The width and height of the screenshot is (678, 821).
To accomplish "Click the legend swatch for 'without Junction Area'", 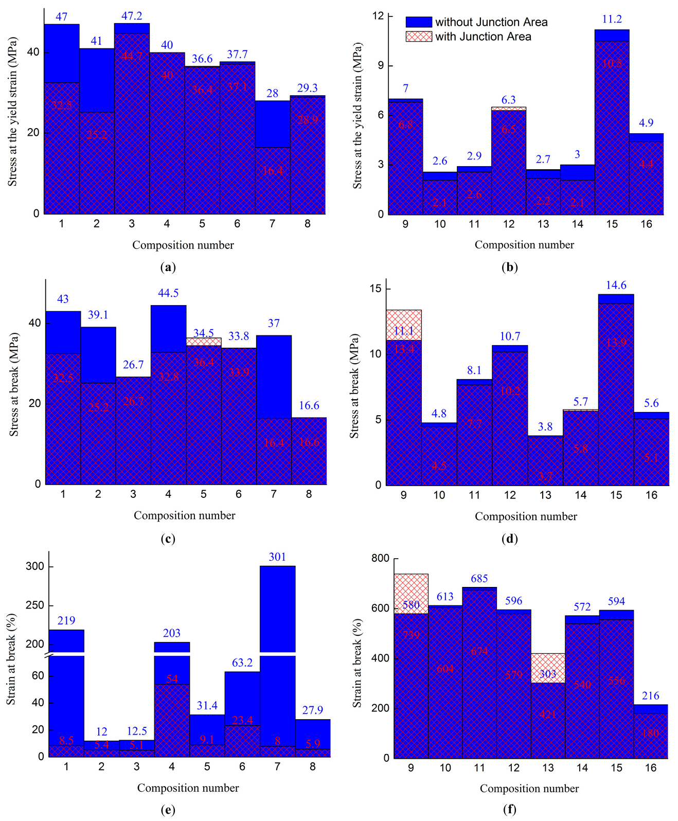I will tap(418, 22).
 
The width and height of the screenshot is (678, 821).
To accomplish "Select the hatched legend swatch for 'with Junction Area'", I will tap(418, 37).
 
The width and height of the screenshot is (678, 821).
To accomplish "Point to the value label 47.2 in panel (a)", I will tap(132, 16).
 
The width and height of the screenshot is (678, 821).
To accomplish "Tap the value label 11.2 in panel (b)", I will tap(612, 20).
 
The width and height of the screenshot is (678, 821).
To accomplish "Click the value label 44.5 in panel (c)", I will tap(168, 293).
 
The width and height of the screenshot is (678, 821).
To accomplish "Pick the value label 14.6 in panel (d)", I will tap(616, 285).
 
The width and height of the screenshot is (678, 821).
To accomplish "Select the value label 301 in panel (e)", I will tap(277, 557).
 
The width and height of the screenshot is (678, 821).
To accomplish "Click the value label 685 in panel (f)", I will tap(479, 579).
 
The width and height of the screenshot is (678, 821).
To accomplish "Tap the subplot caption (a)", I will tap(168, 267).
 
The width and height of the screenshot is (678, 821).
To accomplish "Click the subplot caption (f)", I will tap(509, 810).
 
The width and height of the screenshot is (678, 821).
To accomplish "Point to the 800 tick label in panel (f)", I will tap(380, 558).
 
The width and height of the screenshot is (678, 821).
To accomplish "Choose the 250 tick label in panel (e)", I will tap(35, 605).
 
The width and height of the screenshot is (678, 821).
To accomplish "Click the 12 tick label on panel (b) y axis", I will tap(378, 16).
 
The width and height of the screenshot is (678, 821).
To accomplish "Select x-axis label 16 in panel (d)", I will tap(651, 495).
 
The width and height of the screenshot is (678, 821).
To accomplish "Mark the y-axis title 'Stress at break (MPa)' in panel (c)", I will tap(14, 385).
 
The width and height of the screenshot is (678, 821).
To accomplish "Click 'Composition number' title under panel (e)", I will tap(188, 788).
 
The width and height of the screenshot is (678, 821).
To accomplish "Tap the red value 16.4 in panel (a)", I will tap(272, 171).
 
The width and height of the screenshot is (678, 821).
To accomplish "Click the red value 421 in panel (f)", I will tap(548, 715).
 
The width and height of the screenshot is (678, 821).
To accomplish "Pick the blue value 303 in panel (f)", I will tap(548, 674).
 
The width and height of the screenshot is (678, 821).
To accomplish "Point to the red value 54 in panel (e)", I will tap(172, 679).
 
